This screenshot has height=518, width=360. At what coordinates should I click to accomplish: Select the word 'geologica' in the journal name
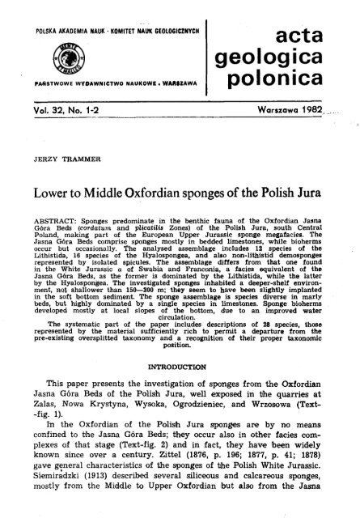coord(290,57)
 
